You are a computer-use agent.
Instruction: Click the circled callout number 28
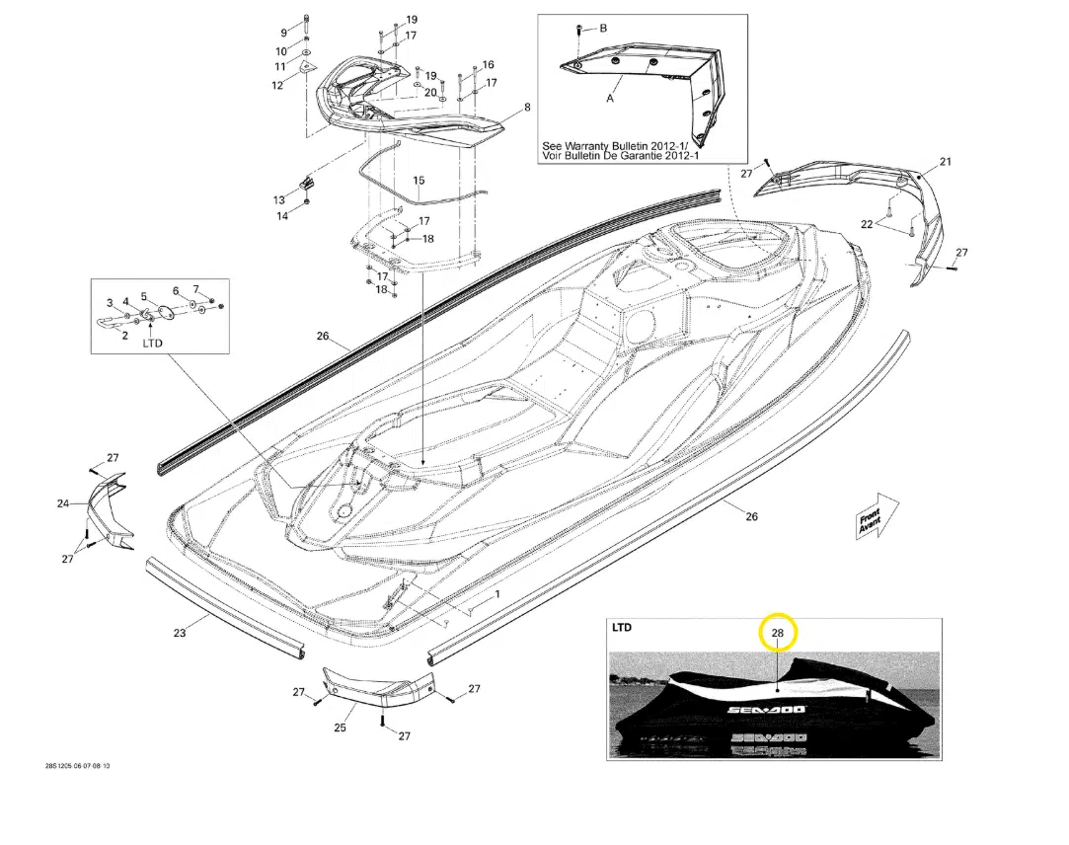coord(777,633)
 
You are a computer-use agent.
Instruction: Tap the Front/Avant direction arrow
coord(876,516)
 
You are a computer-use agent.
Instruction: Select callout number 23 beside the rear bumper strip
coord(180,633)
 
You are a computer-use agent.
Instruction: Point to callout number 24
coord(63,504)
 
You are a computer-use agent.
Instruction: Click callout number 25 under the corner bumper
coord(341,728)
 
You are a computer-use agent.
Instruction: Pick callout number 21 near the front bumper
coord(945,162)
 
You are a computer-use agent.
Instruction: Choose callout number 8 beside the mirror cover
coord(527,107)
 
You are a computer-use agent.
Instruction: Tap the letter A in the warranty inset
coord(610,99)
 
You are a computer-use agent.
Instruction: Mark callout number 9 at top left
coord(283,34)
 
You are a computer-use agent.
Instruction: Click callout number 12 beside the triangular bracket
coord(277,86)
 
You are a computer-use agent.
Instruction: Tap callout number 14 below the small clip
coord(282,217)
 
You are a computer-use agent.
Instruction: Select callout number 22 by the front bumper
coord(867,224)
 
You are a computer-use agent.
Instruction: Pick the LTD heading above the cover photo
coord(622,627)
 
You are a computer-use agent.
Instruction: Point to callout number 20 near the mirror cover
coord(430,93)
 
